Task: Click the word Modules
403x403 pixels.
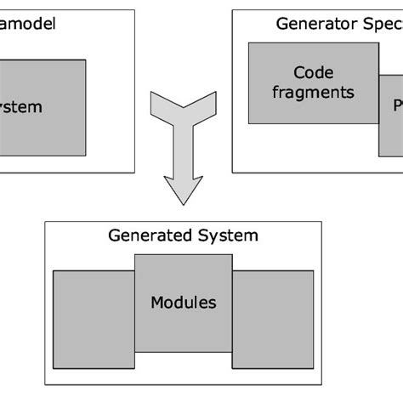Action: point(183,302)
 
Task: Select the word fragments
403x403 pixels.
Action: point(312,92)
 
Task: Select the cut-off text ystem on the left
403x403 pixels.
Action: point(20,108)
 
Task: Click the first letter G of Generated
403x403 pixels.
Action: point(114,236)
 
